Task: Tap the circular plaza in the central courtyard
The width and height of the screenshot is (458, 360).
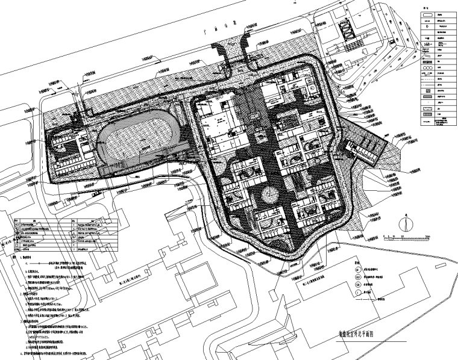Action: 266,197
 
